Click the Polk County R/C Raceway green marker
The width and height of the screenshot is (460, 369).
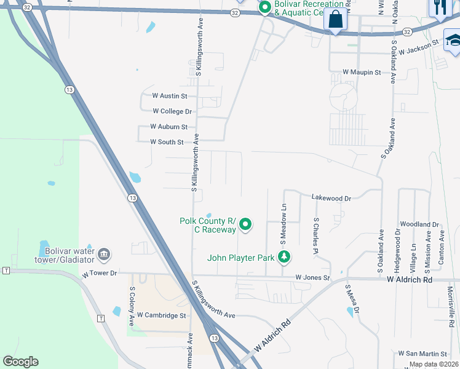tap(245, 225)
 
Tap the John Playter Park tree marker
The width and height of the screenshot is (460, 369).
tap(284, 257)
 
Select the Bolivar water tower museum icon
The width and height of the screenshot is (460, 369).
tap(104, 253)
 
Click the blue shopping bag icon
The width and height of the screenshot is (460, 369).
tap(335, 21)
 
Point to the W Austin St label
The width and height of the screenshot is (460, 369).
tap(169, 96)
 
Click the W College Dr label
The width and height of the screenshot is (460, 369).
tap(173, 111)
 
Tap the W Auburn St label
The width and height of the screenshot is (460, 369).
tap(169, 127)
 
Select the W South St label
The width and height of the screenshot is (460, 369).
tap(167, 142)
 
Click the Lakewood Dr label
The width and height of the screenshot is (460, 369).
tap(331, 199)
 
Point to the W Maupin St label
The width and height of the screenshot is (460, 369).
tap(362, 73)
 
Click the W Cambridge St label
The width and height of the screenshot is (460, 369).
tap(161, 315)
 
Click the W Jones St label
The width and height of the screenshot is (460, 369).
tap(312, 278)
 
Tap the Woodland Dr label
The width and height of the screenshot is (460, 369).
tap(419, 225)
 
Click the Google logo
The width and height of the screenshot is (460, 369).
tap(20, 361)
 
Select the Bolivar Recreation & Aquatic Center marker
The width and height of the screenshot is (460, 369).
tap(265, 7)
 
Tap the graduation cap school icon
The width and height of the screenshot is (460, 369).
tap(452, 41)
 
